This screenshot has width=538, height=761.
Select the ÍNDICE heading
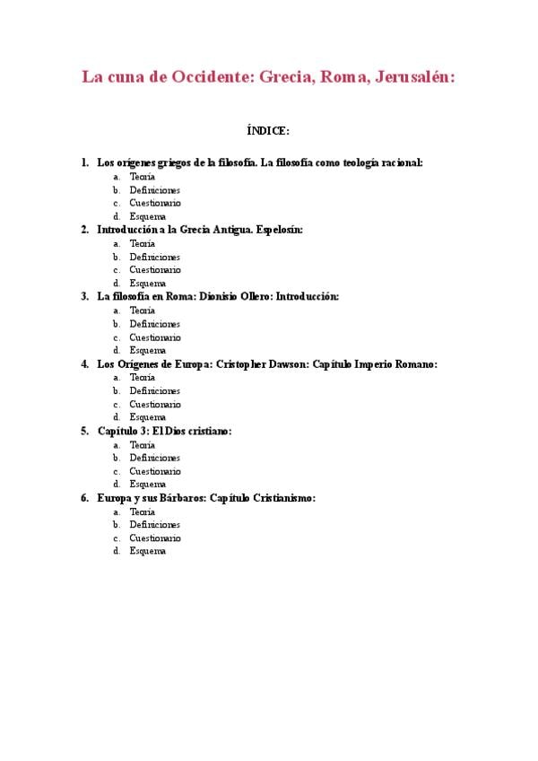point(268,131)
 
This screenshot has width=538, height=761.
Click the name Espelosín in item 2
point(279,230)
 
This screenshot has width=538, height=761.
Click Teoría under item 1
point(142,177)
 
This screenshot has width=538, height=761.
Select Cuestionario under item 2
point(154,270)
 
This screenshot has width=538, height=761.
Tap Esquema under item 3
point(147,350)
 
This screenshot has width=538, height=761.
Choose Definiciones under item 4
point(154,390)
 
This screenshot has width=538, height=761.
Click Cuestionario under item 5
point(154,470)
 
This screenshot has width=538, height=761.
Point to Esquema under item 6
point(147,551)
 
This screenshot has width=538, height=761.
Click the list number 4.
point(84,363)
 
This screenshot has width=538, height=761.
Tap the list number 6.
point(84,497)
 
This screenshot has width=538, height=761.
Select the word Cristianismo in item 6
point(283,497)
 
